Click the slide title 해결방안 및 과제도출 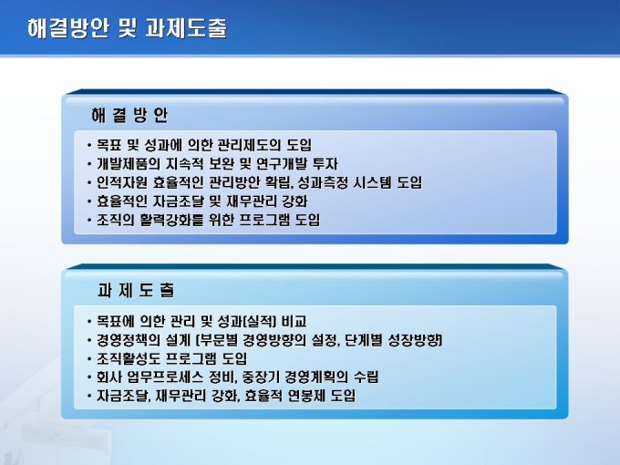click(x=128, y=28)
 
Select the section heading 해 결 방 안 click(x=129, y=115)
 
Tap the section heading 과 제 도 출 click(x=136, y=290)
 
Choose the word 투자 click(x=325, y=164)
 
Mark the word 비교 click(x=294, y=321)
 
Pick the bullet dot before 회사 click(x=89, y=377)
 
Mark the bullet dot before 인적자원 click(x=89, y=182)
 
